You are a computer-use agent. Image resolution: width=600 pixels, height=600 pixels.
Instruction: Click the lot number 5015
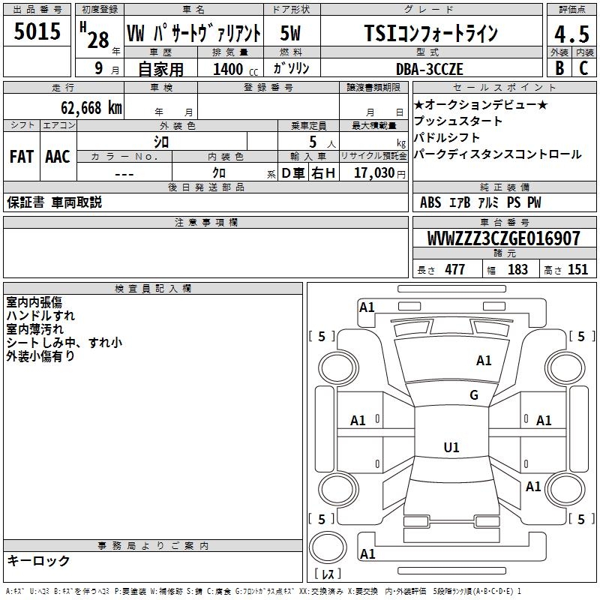[x=37, y=32]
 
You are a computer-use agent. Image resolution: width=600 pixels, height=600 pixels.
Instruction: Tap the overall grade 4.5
[x=571, y=34]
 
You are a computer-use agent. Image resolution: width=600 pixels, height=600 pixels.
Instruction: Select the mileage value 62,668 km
[x=83, y=108]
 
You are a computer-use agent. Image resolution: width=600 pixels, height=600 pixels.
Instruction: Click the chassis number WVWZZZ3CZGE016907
[x=503, y=239]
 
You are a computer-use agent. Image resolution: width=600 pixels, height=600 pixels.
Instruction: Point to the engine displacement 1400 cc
[x=228, y=69]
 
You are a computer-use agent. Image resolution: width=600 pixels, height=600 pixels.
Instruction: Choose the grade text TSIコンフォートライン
[x=430, y=34]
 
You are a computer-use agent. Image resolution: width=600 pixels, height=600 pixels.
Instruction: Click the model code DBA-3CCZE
[x=430, y=69]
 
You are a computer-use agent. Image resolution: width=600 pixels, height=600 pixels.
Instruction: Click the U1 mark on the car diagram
[x=451, y=448]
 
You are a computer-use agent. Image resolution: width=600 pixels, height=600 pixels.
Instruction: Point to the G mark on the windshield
[x=473, y=395]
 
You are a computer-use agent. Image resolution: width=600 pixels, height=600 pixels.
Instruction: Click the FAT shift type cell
[x=21, y=157]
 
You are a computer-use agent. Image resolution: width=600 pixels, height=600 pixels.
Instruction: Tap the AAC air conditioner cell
[x=57, y=157]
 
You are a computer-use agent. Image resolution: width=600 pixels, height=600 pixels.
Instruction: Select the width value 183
[x=517, y=270]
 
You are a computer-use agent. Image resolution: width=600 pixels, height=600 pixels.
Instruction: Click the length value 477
[x=454, y=270]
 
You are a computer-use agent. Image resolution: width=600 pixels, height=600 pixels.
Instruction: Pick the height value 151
[x=577, y=270]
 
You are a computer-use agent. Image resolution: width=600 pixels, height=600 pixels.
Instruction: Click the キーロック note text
[x=38, y=561]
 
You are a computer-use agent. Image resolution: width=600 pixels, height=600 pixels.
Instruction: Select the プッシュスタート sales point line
[x=458, y=121]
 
